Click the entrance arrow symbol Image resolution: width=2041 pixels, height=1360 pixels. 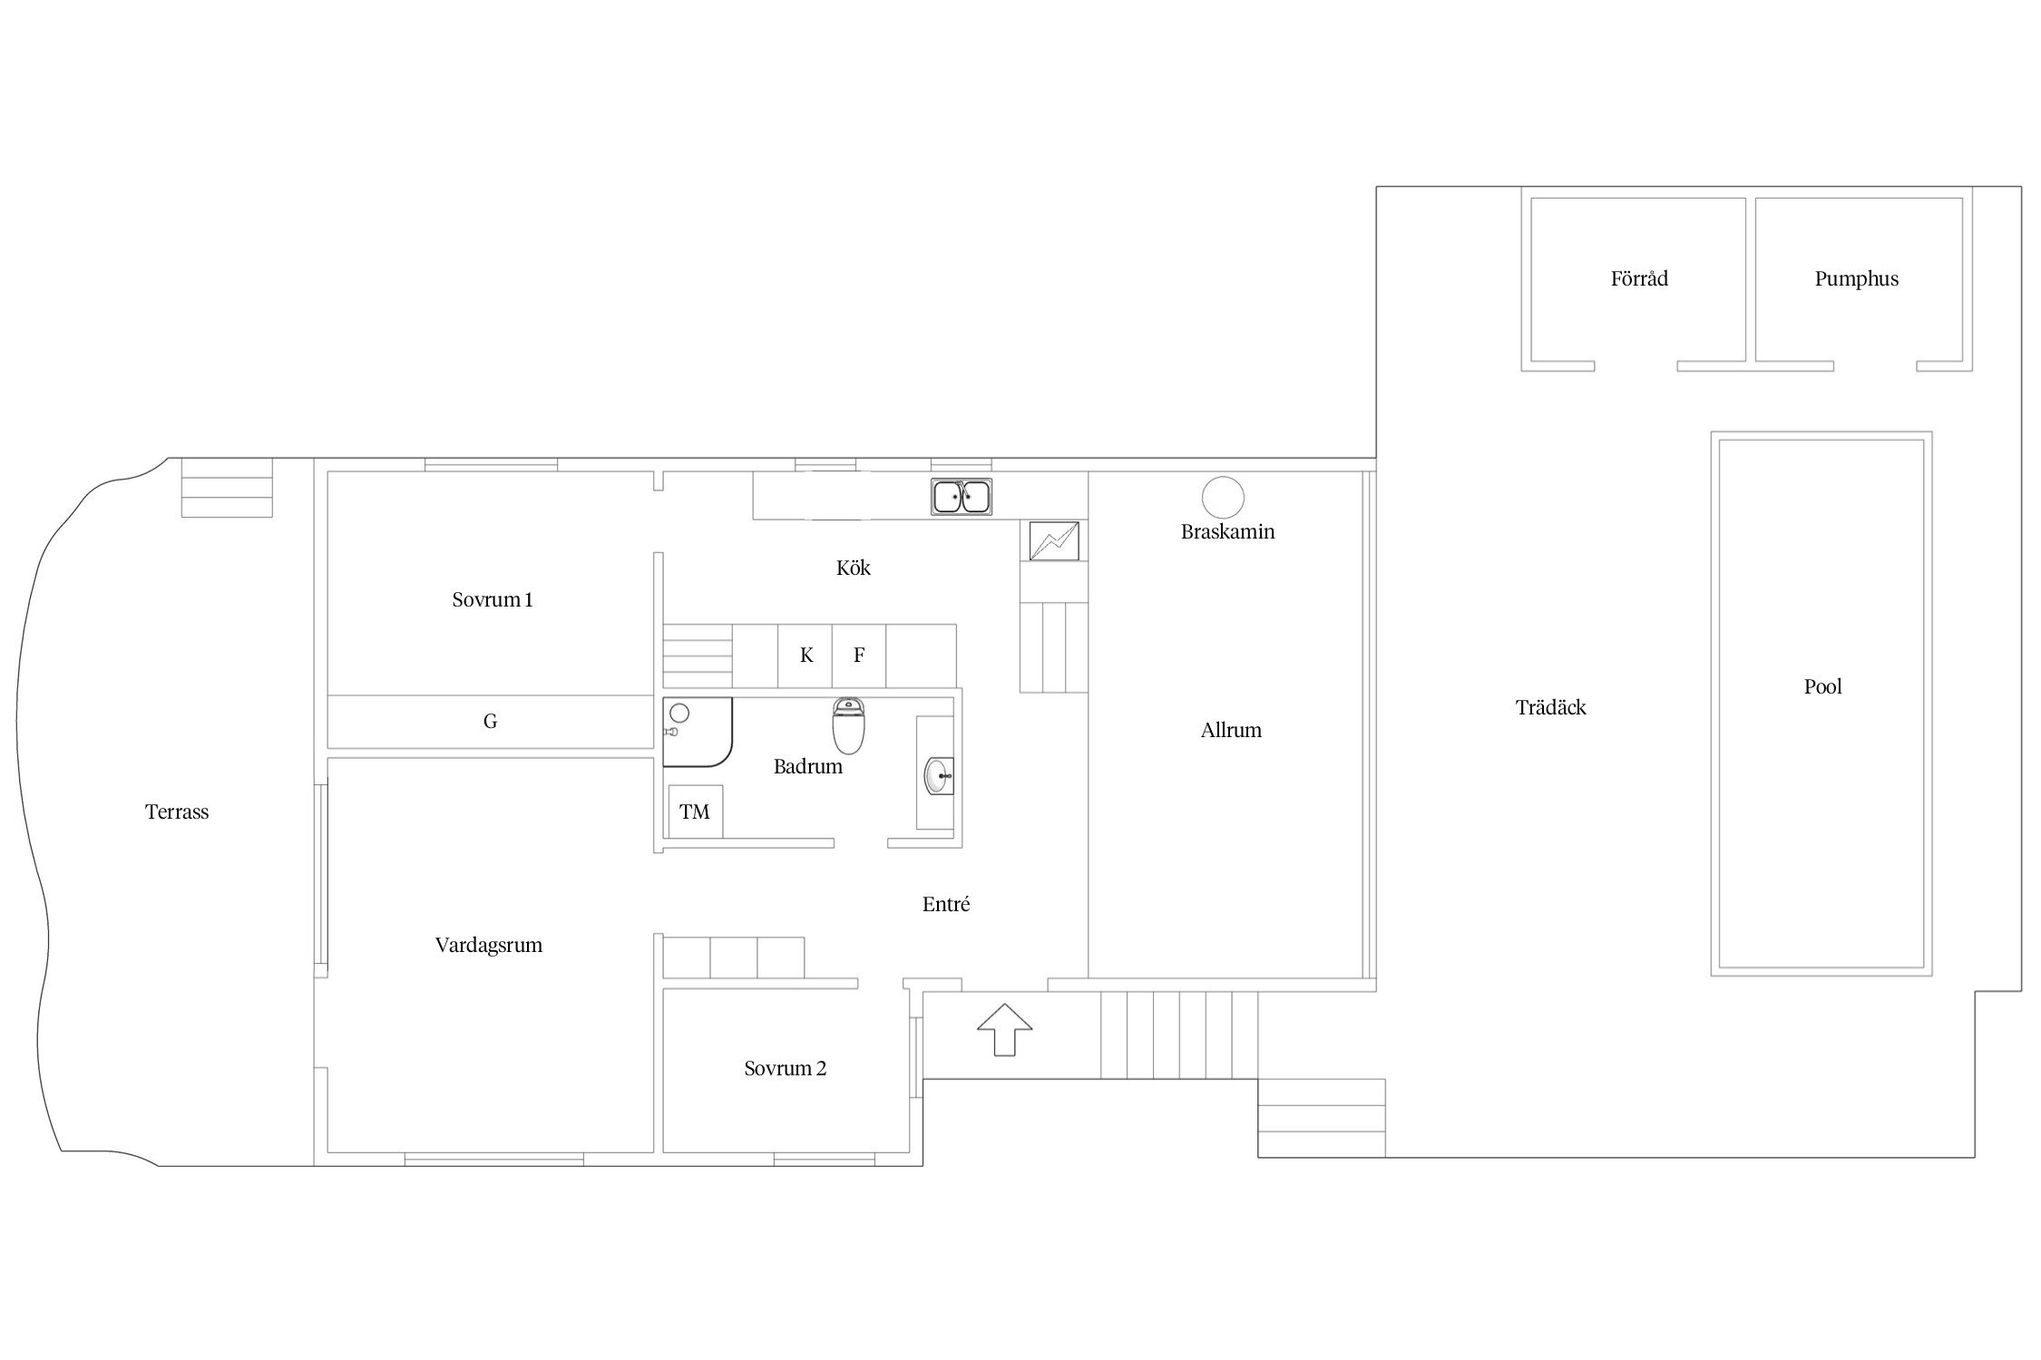1004,1029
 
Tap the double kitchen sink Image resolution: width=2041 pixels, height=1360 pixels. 962,497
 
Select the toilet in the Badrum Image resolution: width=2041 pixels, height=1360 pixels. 848,726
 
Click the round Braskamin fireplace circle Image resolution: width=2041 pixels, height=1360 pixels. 1223,497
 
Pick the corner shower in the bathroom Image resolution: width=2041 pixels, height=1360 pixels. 697,733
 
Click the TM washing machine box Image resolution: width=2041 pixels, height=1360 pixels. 695,811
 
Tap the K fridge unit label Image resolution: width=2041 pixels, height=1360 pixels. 806,655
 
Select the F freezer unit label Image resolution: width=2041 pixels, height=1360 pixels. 859,655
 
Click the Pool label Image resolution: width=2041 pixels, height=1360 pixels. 1822,686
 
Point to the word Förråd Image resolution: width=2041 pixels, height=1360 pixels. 1639,277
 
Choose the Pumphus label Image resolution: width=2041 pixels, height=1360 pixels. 1856,279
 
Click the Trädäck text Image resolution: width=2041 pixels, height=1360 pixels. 1550,707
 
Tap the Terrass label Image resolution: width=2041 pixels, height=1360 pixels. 177,811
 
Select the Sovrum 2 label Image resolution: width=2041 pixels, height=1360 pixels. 785,1068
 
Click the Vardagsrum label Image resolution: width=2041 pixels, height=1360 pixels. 488,946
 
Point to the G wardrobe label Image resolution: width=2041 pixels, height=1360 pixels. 490,722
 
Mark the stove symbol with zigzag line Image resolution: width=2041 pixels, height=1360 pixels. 1054,540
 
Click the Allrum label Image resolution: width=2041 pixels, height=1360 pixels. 1230,730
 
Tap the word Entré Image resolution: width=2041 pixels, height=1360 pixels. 946,904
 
